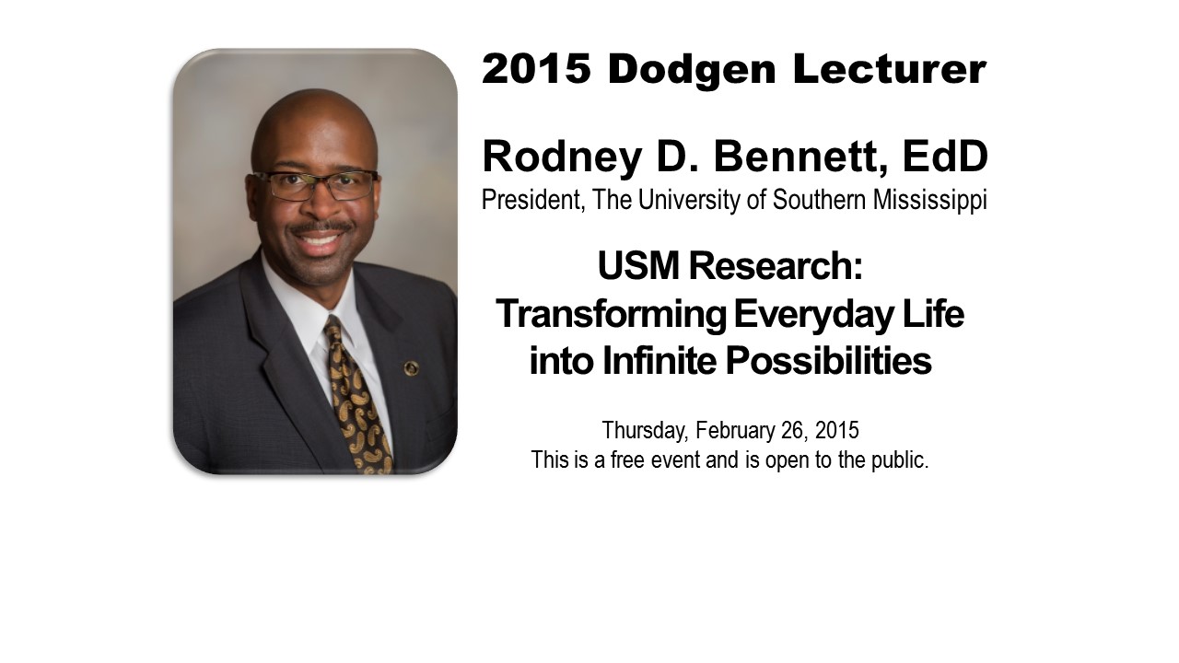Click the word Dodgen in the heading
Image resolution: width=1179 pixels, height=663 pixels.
[692, 69]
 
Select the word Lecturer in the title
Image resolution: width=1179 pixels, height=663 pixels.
[890, 69]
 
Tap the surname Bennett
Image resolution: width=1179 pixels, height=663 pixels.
[801, 157]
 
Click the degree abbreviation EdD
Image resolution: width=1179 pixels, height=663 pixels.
[946, 157]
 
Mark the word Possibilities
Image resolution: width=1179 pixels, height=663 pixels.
[829, 361]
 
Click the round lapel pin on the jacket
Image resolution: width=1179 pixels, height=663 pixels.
[411, 368]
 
